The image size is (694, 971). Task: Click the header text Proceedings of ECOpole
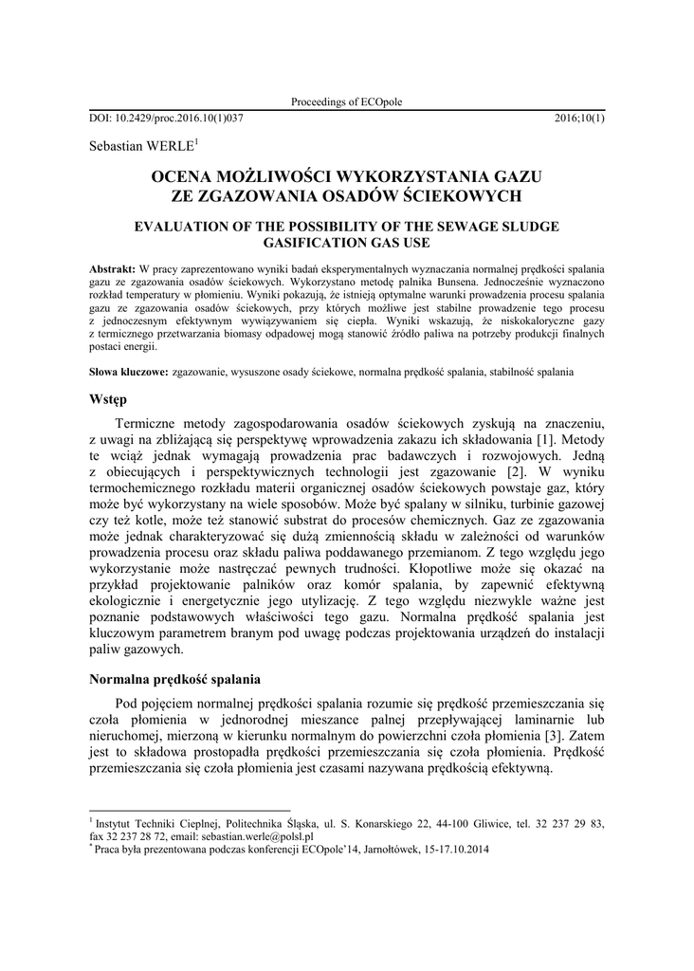click(x=346, y=102)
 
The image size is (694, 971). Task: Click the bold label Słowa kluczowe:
click(x=129, y=372)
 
